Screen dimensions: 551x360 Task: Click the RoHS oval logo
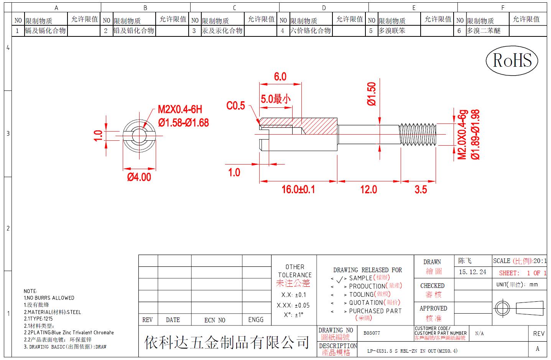[x=512, y=61]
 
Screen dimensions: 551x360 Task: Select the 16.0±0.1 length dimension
[x=298, y=189]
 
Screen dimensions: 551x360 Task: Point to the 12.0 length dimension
[x=368, y=190]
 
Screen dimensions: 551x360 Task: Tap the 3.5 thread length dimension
[x=421, y=190]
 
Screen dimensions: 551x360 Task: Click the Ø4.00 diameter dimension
[x=139, y=177]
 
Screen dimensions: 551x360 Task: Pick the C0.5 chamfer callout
[x=236, y=105]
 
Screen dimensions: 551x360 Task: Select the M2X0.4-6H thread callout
[x=180, y=109]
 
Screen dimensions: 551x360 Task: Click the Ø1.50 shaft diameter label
[x=372, y=94]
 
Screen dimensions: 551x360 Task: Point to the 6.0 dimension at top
[x=280, y=77]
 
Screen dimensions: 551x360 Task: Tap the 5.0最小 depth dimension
[x=276, y=99]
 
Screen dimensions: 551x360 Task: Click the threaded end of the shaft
[x=418, y=135]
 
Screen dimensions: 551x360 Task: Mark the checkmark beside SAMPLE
[x=340, y=279]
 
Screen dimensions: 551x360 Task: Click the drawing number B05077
[x=372, y=333]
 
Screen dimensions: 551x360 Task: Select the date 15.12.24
[x=472, y=272]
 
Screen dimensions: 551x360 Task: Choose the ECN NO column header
[x=215, y=320]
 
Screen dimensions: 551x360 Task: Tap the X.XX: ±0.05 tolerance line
[x=293, y=305]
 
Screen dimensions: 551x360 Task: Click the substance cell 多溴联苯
[x=391, y=31]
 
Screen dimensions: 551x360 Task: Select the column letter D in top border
[x=324, y=8]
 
